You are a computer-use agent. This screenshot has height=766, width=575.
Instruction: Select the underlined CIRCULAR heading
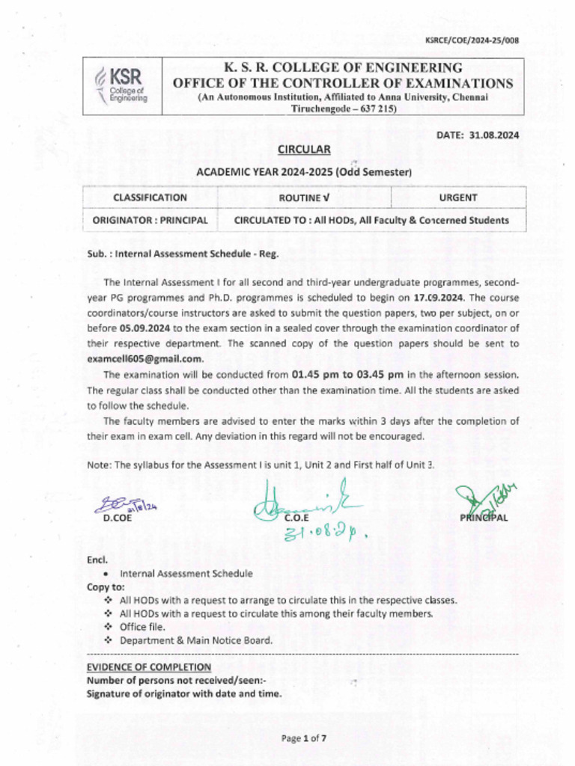[x=304, y=150]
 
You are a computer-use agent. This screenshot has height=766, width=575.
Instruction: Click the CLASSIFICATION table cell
[x=150, y=197]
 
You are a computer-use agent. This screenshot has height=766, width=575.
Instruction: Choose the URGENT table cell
[x=458, y=197]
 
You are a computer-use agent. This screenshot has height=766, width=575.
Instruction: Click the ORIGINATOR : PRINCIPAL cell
[x=150, y=220]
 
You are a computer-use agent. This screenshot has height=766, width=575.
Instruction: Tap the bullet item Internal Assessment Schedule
[x=186, y=573]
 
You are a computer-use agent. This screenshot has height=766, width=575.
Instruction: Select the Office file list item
[x=143, y=627]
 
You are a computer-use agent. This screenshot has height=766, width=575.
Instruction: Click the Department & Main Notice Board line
[x=196, y=640]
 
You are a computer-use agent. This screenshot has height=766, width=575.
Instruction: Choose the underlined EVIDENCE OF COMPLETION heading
[x=148, y=667]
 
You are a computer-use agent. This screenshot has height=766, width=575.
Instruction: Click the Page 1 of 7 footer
[x=303, y=738]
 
